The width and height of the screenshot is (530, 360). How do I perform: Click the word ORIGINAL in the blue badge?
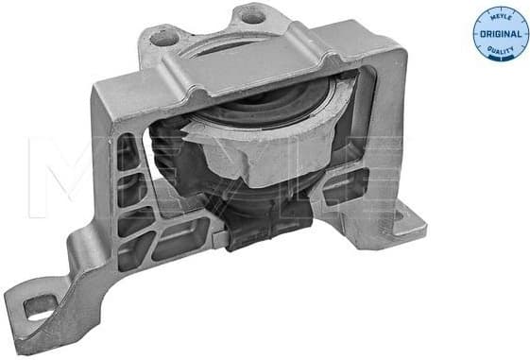pyautogui.click(x=500, y=34)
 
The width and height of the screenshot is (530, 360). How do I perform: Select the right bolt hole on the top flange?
pyautogui.click(x=250, y=16)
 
